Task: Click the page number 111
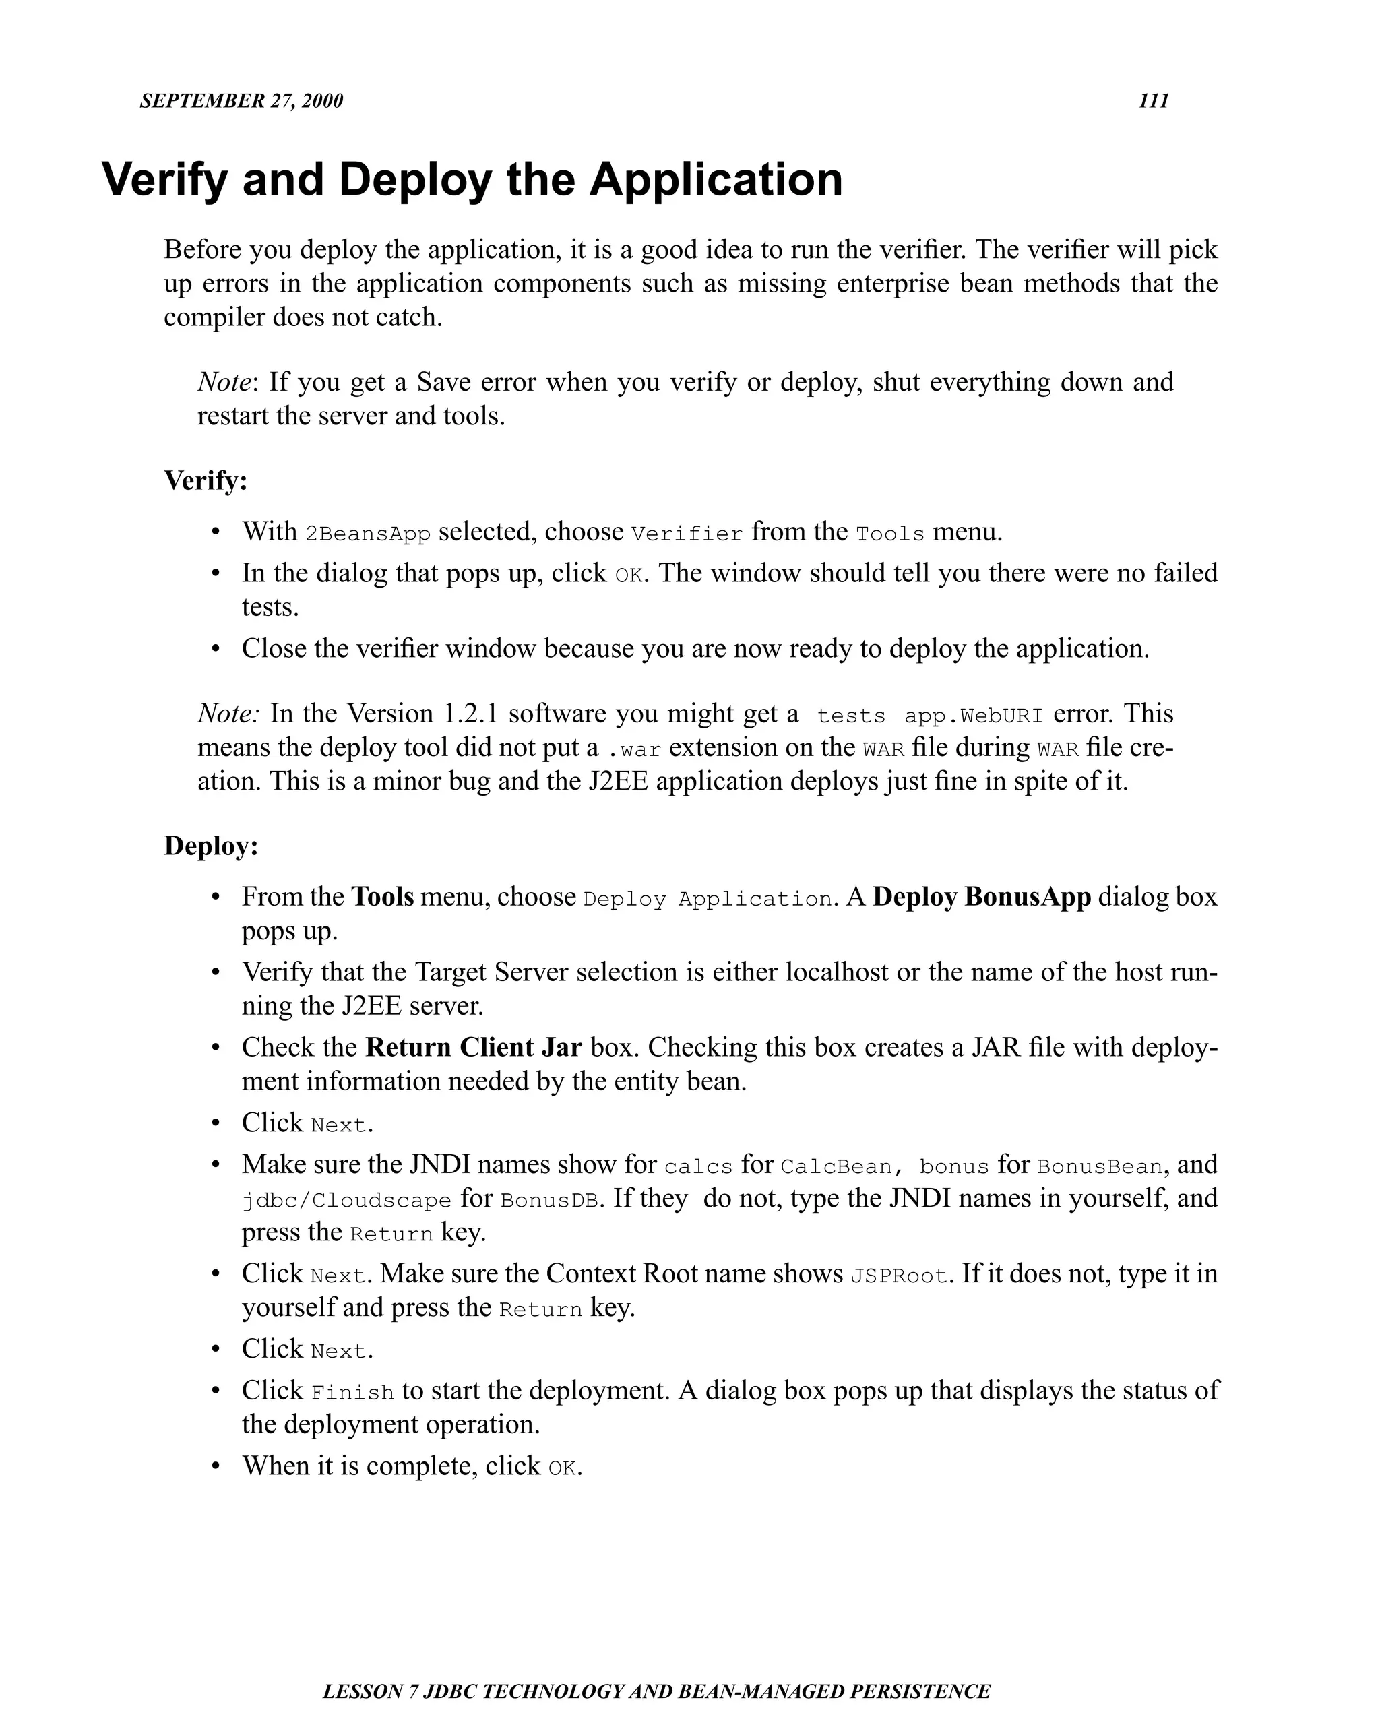1153,101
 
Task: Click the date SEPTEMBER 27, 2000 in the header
241,101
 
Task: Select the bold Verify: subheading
206,481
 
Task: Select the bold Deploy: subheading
211,846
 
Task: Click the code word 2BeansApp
369,534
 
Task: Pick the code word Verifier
687,534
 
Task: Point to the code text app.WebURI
973,716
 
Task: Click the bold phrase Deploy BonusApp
981,897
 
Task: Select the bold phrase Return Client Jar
474,1048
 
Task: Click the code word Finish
352,1393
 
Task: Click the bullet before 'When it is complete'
215,1466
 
